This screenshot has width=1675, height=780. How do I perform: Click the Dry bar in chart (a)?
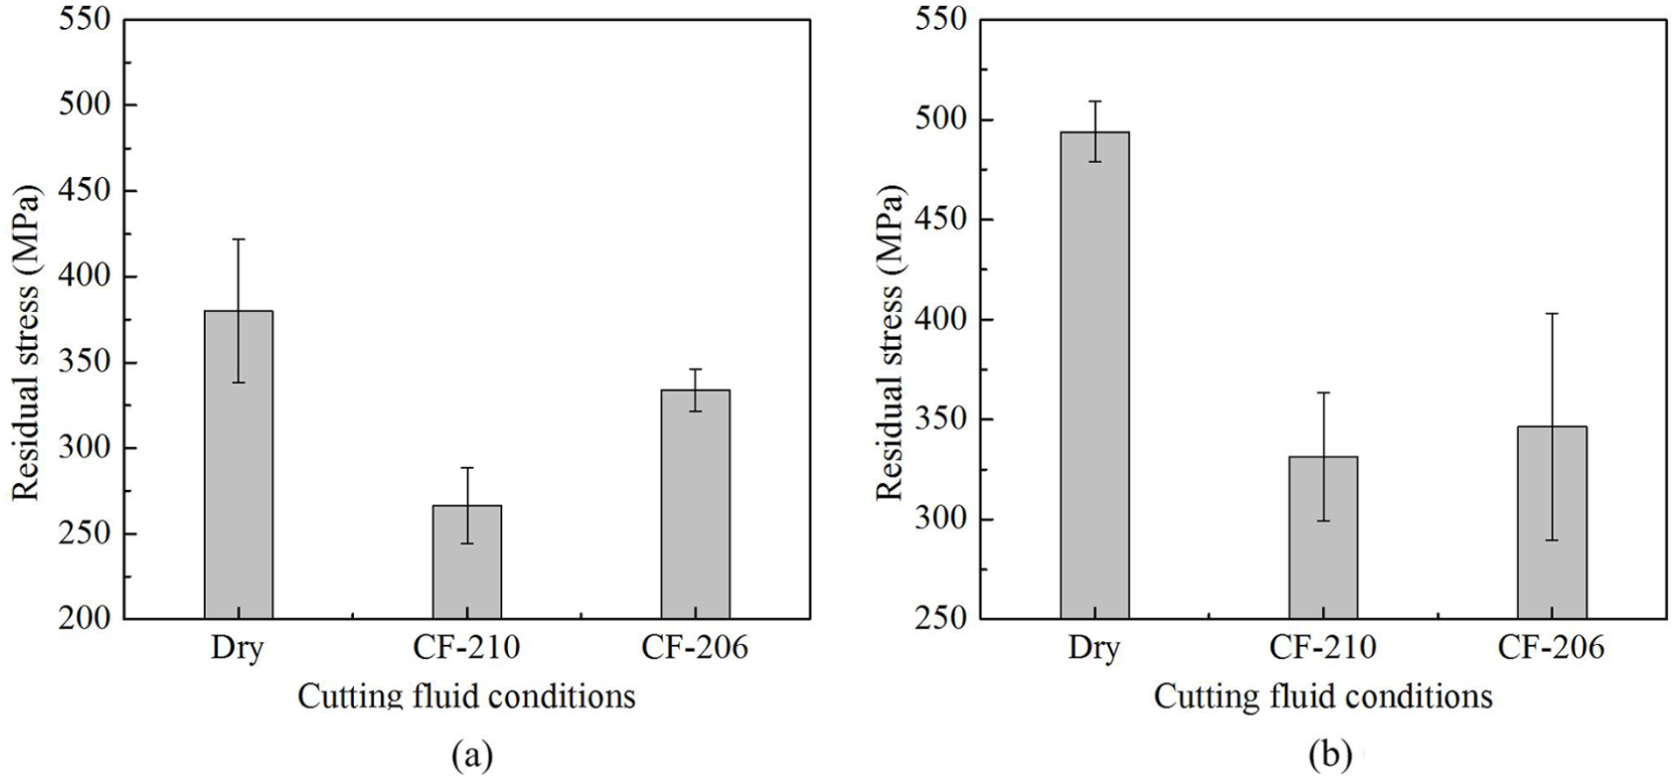tap(238, 464)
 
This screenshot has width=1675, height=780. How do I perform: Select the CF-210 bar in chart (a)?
tap(467, 562)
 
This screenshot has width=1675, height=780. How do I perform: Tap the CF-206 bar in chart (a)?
tap(696, 504)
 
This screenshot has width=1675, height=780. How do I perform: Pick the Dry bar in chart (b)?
tap(1094, 375)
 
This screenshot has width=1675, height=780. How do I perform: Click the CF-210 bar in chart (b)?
tap(1323, 537)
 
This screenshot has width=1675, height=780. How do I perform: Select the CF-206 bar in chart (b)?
tap(1551, 522)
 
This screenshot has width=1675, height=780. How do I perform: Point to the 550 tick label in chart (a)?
tap(85, 19)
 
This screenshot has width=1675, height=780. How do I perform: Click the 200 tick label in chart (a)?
tap(85, 619)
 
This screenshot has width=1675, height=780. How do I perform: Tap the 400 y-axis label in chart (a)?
tap(85, 276)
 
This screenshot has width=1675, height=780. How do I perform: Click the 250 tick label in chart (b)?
tap(942, 619)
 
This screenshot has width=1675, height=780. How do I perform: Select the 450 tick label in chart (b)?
tap(942, 219)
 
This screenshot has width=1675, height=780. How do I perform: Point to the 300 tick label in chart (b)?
tap(942, 519)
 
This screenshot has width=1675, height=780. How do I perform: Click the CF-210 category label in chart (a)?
tap(467, 648)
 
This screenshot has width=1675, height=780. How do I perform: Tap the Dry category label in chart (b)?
tap(1094, 649)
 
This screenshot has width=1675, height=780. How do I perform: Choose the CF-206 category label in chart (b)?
tap(1551, 648)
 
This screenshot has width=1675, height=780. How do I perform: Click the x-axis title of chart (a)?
tap(466, 697)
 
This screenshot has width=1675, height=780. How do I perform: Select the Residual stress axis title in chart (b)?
tap(889, 343)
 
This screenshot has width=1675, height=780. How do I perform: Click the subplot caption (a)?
tap(472, 755)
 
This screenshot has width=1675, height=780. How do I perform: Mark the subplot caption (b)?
tap(1331, 755)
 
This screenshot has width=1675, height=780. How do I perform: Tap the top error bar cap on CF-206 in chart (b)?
tap(1551, 313)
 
